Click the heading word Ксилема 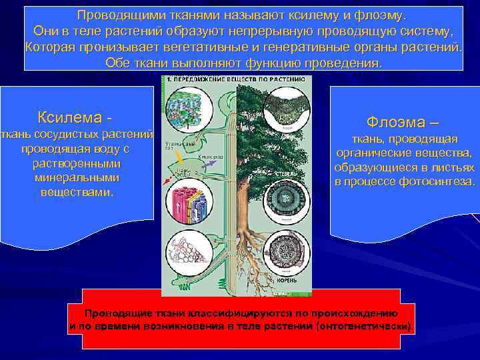[x=70, y=117]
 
